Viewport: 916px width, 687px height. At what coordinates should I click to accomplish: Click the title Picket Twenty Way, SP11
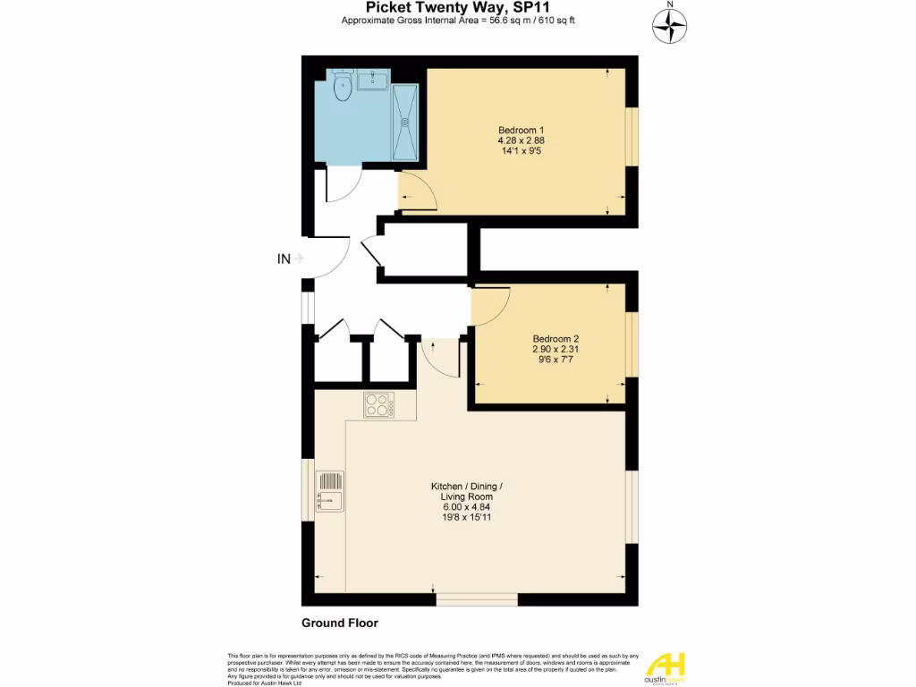coord(457,7)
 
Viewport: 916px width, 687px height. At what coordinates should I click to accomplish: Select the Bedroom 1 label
coord(521,130)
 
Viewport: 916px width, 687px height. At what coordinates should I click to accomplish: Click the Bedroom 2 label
coord(556,338)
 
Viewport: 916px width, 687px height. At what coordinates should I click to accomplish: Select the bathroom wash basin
coord(372,82)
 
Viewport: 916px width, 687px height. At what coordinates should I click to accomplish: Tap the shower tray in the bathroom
coord(405,123)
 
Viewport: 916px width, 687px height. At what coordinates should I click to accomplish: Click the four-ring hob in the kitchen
coord(379,406)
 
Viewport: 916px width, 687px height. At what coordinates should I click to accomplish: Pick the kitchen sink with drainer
coord(329,493)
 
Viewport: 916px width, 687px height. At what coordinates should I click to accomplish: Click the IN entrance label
coord(284,259)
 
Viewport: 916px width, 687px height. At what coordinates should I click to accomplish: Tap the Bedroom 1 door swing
coord(417,191)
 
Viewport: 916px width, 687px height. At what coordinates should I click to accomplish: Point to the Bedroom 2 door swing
coord(490,306)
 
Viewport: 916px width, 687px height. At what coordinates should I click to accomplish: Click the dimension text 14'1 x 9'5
coord(521,151)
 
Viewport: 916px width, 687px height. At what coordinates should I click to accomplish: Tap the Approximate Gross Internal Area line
coord(457,21)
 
